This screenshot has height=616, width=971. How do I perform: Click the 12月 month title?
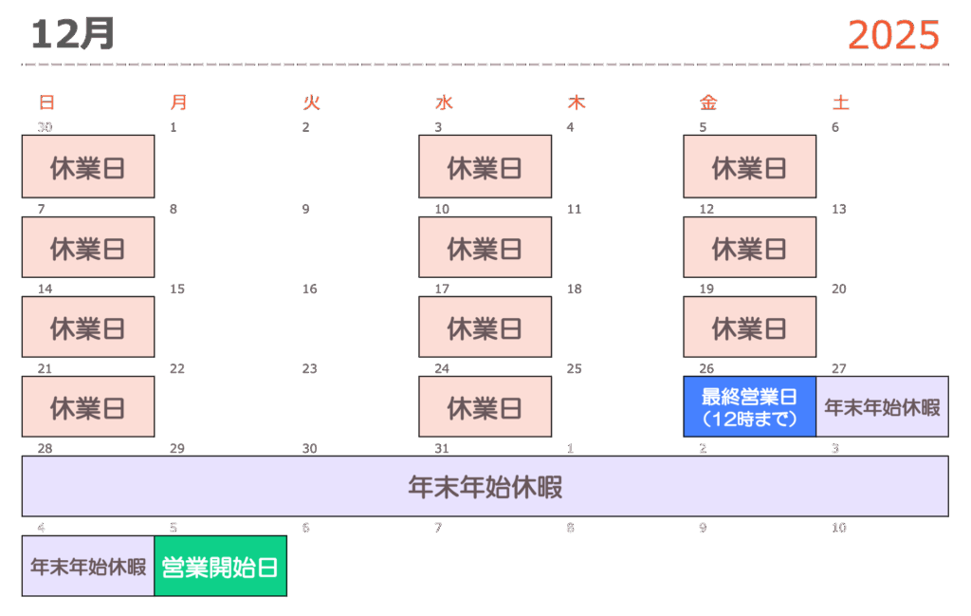(x=72, y=34)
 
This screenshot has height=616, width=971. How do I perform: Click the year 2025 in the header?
(x=893, y=35)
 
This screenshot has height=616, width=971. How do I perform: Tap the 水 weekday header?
(x=444, y=103)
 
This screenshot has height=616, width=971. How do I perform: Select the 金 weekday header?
(x=708, y=103)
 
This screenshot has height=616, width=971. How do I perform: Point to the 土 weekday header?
(x=840, y=103)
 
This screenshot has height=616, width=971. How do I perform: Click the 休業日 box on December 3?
(x=485, y=167)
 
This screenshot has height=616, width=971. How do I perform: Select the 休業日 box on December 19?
(x=749, y=328)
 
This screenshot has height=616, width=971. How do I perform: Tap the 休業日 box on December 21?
(x=87, y=407)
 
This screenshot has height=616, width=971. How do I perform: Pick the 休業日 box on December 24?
(x=485, y=407)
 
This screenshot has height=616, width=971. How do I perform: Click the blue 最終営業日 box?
(x=749, y=407)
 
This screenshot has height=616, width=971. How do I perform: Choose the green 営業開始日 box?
(x=220, y=567)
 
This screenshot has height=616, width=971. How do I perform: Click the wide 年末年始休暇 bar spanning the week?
(x=485, y=487)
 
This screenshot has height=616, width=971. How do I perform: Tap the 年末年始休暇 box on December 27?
(x=882, y=407)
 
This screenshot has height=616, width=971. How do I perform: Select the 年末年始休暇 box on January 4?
(x=87, y=567)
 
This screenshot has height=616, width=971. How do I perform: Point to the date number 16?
(x=309, y=289)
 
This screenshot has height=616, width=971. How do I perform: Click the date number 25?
(x=574, y=368)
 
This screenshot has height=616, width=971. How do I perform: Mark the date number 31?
(x=442, y=448)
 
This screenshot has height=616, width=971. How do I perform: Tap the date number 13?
(x=838, y=209)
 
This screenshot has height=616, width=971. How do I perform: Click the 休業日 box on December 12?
(x=749, y=248)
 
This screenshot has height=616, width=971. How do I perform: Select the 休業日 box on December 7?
(x=87, y=248)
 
